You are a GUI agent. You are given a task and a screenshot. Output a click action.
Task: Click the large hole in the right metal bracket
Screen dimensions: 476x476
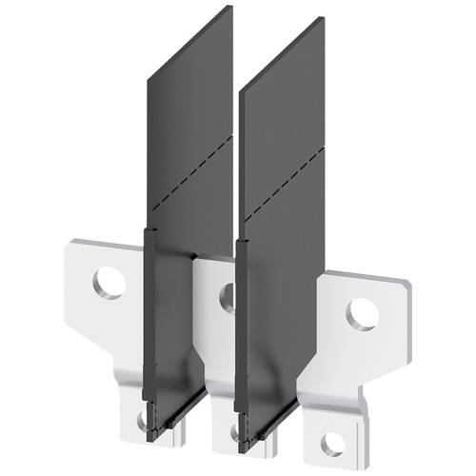pyautogui.click(x=361, y=313)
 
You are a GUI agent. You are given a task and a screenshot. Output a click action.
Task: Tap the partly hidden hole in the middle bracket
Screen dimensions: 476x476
pyautogui.click(x=227, y=298)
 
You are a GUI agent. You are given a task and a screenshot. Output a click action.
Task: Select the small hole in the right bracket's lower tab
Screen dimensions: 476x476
pyautogui.click(x=330, y=443)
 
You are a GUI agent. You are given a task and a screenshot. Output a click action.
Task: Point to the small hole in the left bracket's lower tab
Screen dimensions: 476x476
pyautogui.click(x=142, y=418)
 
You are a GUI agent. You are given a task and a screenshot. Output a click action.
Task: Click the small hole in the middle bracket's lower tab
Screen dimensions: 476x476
pyautogui.click(x=232, y=430)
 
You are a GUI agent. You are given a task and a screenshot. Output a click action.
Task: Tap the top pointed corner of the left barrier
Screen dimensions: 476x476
pyautogui.click(x=230, y=8)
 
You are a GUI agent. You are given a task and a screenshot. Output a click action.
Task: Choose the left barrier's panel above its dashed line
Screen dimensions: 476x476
pyautogui.click(x=186, y=95)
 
